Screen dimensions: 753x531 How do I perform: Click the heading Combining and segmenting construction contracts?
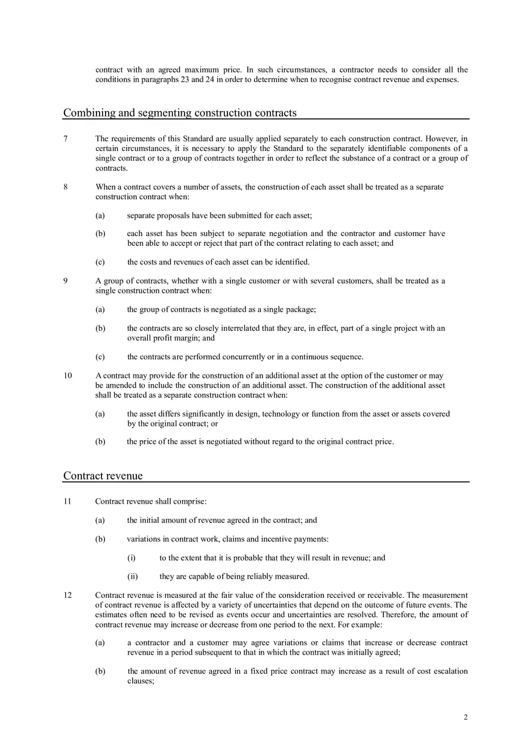pyautogui.click(x=180, y=113)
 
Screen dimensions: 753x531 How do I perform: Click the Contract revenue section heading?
pyautogui.click(x=103, y=476)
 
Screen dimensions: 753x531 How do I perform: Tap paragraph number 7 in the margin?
pyautogui.click(x=66, y=139)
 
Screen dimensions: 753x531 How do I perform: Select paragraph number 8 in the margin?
pyautogui.click(x=66, y=187)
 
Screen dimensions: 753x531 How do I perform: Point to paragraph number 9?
pyautogui.click(x=66, y=281)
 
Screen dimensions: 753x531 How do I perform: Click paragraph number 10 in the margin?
pyautogui.click(x=68, y=376)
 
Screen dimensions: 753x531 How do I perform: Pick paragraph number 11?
pyautogui.click(x=68, y=501)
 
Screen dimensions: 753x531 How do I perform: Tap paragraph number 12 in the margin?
pyautogui.click(x=68, y=595)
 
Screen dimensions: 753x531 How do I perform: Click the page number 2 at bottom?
pyautogui.click(x=466, y=718)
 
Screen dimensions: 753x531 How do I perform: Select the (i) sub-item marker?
pyautogui.click(x=131, y=558)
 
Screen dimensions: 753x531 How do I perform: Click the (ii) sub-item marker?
pyautogui.click(x=132, y=577)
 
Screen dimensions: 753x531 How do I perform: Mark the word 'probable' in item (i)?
pyautogui.click(x=240, y=558)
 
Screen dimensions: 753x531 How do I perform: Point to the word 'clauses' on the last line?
pyautogui.click(x=141, y=681)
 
